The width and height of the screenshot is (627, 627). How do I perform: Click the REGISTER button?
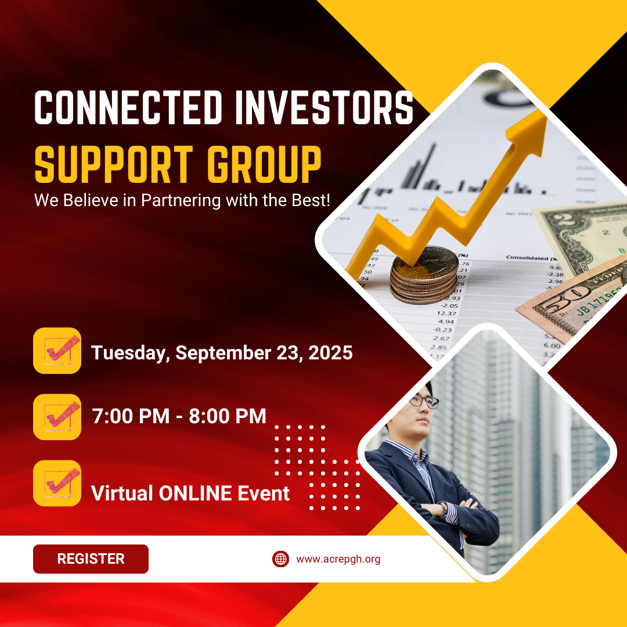pyautogui.click(x=91, y=558)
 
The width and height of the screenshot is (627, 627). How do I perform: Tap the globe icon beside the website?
pyautogui.click(x=281, y=558)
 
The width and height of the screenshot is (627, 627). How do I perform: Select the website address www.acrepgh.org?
pyautogui.click(x=338, y=559)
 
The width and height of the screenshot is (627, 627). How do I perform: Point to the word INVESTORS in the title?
pyautogui.click(x=325, y=107)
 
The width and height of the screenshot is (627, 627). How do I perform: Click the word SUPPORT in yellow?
pyautogui.click(x=114, y=164)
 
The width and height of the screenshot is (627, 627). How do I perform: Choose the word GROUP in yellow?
pyautogui.click(x=264, y=164)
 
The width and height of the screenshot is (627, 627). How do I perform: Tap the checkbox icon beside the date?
pyautogui.click(x=57, y=351)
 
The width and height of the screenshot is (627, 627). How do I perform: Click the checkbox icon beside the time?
pyautogui.click(x=57, y=417)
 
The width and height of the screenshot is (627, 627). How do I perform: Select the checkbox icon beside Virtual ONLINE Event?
pyautogui.click(x=57, y=483)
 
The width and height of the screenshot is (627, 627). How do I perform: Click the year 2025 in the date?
pyautogui.click(x=331, y=353)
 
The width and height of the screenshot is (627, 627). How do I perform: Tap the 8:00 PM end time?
pyautogui.click(x=228, y=416)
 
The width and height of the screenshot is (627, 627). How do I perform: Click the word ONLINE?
pyautogui.click(x=196, y=493)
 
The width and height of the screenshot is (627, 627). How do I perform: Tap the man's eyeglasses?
pyautogui.click(x=424, y=401)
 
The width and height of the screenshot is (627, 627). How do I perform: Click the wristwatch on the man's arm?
pyautogui.click(x=444, y=507)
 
